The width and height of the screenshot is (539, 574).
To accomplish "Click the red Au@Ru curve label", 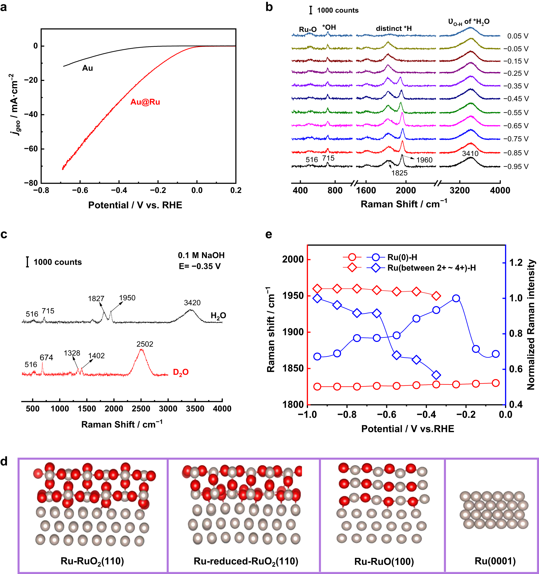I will pyautogui.click(x=145, y=102).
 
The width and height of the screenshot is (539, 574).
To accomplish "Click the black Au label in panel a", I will pyautogui.click(x=87, y=68).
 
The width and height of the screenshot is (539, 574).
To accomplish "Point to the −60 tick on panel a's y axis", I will pyautogui.click(x=31, y=149).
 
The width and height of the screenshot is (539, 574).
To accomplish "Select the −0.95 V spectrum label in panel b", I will pyautogui.click(x=516, y=167).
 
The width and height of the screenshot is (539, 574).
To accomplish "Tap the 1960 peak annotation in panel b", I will pyautogui.click(x=424, y=160).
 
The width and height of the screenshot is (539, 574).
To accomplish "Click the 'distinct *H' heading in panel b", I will pyautogui.click(x=394, y=28).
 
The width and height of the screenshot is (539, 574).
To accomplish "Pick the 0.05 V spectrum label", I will pyautogui.click(x=518, y=36).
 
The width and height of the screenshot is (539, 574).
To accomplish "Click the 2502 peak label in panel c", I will pyautogui.click(x=145, y=344).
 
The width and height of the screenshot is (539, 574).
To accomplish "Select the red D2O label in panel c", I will pyautogui.click(x=180, y=372).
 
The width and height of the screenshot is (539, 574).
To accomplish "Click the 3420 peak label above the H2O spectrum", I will pyautogui.click(x=192, y=302).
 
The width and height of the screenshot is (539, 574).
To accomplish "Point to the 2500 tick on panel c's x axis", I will pyautogui.click(x=141, y=409).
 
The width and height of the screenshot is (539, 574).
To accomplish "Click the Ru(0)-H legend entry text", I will pyautogui.click(x=402, y=257).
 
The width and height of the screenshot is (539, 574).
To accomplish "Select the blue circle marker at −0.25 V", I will pyautogui.click(x=456, y=298).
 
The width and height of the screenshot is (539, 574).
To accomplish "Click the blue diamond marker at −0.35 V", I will pyautogui.click(x=436, y=375).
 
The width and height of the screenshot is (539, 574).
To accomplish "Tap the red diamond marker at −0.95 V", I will pyautogui.click(x=317, y=288).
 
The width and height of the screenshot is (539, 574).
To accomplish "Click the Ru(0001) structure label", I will pyautogui.click(x=495, y=561).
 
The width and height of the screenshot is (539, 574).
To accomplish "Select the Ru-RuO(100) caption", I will pyautogui.click(x=384, y=561).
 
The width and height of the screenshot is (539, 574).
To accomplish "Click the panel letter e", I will pyautogui.click(x=269, y=234).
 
